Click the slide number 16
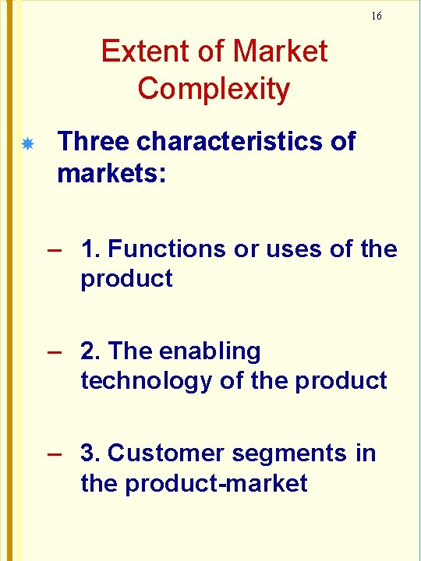(377, 16)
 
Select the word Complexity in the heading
(214, 90)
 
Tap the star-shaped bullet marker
(27, 145)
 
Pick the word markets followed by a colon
(111, 174)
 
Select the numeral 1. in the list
(90, 249)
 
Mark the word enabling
(210, 352)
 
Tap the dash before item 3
(54, 454)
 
